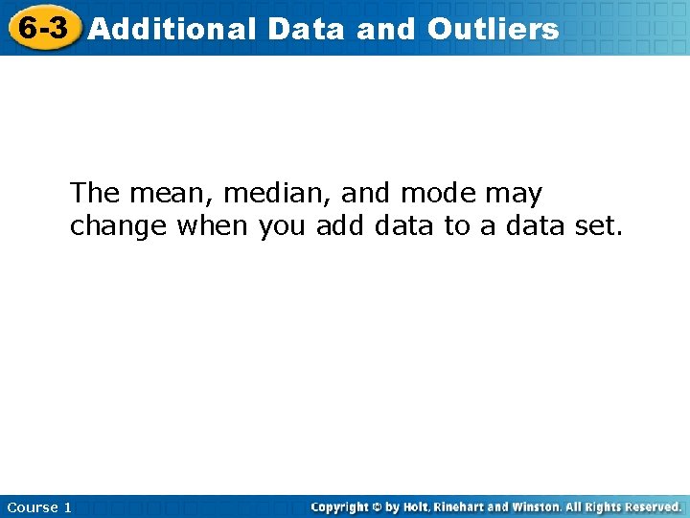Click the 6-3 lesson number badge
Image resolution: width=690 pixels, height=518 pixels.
pos(43,28)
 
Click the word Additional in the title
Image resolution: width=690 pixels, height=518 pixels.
pos(172,29)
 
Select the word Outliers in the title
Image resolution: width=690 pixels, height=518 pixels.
pos(493,29)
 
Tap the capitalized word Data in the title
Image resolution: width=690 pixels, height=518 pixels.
pos(306,29)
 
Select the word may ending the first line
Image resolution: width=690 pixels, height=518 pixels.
pos(514,195)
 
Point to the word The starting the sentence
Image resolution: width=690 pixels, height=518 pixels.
pos(94,194)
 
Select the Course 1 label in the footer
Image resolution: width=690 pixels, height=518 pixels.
pos(39,507)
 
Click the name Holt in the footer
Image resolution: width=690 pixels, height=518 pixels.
pos(415,506)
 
